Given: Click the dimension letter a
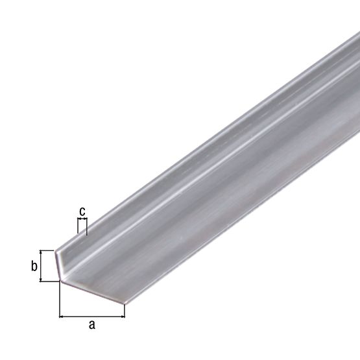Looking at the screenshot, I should pyautogui.click(x=91, y=326).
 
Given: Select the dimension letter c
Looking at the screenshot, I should pyautogui.click(x=82, y=211).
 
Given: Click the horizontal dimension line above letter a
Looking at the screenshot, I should pyautogui.click(x=91, y=317).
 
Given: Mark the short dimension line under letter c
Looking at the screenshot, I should pyautogui.click(x=82, y=221).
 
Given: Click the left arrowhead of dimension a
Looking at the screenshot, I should pyautogui.click(x=62, y=317).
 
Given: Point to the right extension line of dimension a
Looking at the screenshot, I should pyautogui.click(x=124, y=310).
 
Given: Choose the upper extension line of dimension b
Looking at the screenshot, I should pyautogui.click(x=48, y=250).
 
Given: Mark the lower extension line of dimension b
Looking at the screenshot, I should pyautogui.click(x=49, y=281).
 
